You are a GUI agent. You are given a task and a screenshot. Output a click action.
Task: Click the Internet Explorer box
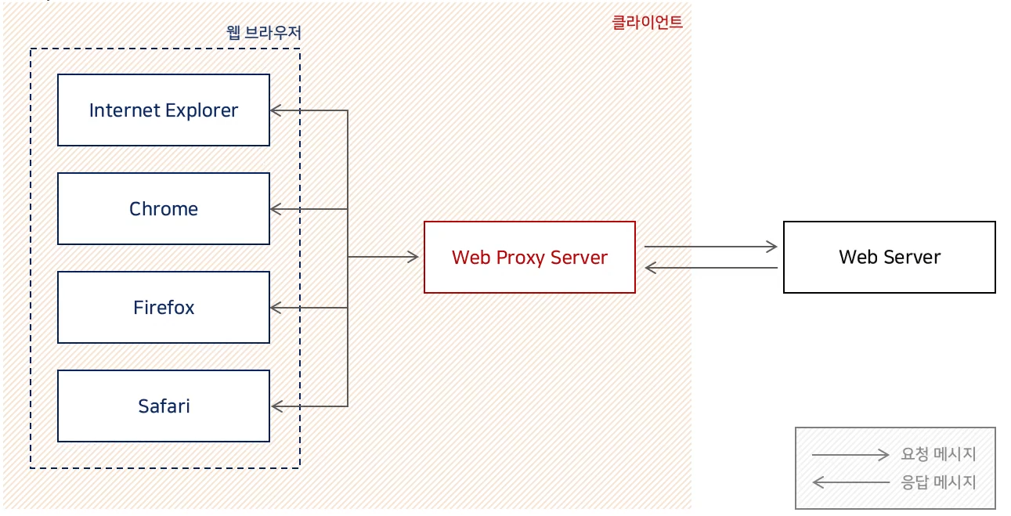[164, 110]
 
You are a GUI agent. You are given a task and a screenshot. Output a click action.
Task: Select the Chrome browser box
[164, 209]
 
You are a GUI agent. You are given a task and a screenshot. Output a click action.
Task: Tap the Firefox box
[164, 307]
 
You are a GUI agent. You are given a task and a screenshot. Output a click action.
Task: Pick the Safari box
[164, 406]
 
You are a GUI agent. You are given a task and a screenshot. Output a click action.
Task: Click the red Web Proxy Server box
[529, 258]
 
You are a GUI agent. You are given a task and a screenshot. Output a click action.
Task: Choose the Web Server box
[889, 258]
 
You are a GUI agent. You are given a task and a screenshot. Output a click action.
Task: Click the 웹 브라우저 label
[263, 33]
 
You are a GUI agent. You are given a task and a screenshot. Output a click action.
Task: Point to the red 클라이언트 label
[647, 22]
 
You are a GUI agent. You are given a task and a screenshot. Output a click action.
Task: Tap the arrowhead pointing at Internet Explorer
[275, 110]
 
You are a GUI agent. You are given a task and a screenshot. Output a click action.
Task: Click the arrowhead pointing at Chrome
[275, 209]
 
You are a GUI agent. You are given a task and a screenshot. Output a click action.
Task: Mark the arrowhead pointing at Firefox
[275, 308]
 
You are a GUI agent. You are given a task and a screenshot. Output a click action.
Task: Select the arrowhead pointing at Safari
[276, 406]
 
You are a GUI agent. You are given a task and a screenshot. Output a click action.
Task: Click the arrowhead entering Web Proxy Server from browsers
[413, 257]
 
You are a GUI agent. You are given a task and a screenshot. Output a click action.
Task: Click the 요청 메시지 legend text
[938, 455]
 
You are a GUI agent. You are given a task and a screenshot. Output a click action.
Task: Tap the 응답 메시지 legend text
[938, 482]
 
